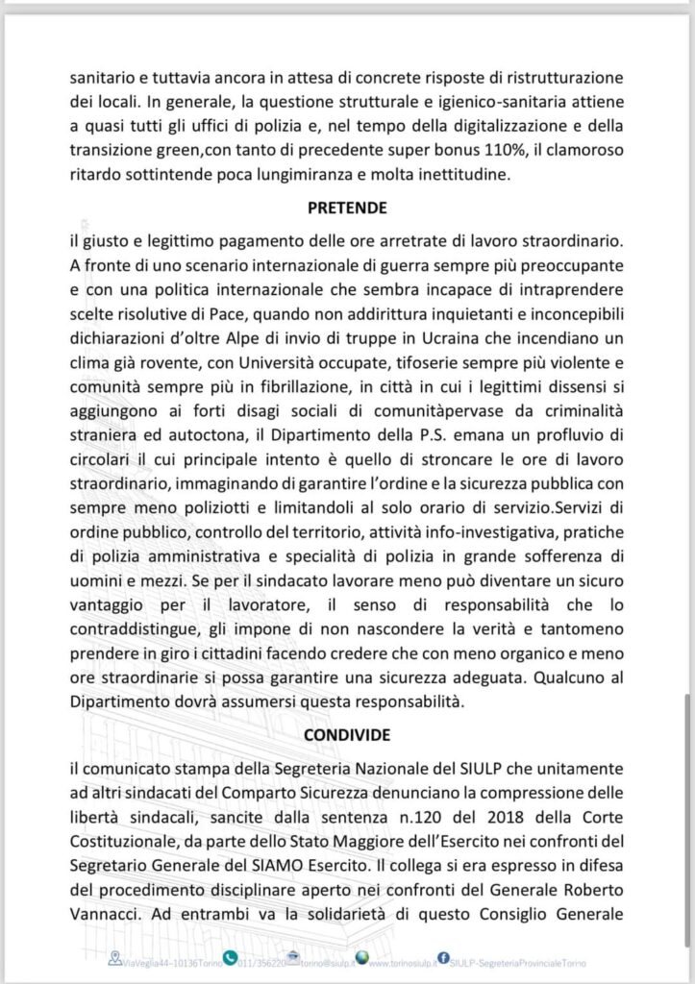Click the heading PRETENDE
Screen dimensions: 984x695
347,207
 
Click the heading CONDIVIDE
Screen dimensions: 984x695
347,735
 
